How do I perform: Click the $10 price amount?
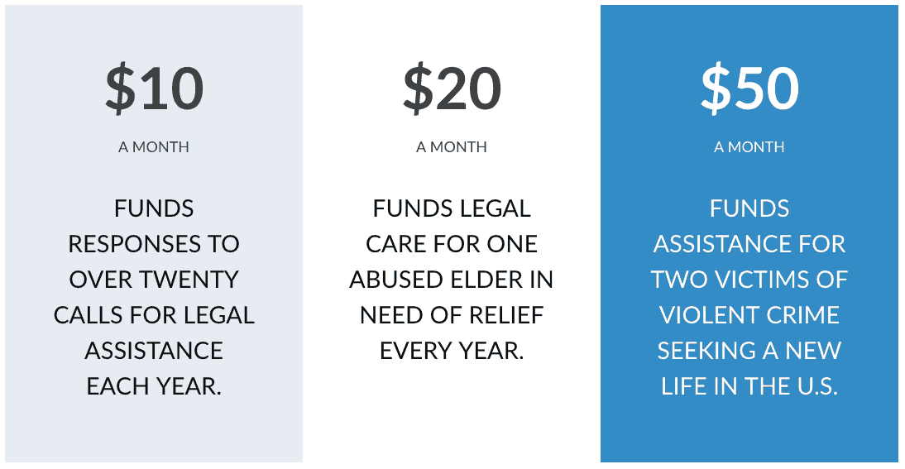154,89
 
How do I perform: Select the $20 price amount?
452,89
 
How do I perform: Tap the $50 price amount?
749,89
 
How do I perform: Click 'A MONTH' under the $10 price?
154,147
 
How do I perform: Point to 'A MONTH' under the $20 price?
452,147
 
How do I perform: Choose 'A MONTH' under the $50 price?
749,147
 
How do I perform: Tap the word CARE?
392,244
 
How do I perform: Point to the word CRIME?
798,315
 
